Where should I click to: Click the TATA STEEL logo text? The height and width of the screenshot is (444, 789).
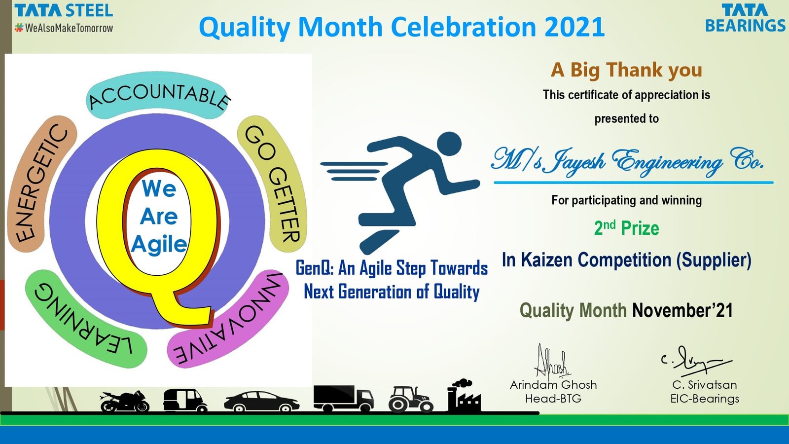coord(64,10)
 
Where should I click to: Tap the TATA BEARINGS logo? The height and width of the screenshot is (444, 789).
coord(745,18)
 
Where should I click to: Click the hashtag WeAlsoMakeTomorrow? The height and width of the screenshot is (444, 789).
coord(64,28)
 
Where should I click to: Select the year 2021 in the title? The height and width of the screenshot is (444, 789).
coord(574,27)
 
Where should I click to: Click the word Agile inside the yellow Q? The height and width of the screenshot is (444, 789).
coord(159,244)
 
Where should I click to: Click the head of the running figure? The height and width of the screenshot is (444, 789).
coord(449,144)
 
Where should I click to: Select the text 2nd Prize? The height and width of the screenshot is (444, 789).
coord(626,228)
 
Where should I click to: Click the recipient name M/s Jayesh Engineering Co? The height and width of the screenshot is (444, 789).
coord(627,161)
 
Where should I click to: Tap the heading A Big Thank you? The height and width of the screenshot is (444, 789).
coord(626,70)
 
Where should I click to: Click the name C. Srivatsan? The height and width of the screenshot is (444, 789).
coord(704,385)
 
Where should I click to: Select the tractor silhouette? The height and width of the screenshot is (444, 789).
coord(411,400)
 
